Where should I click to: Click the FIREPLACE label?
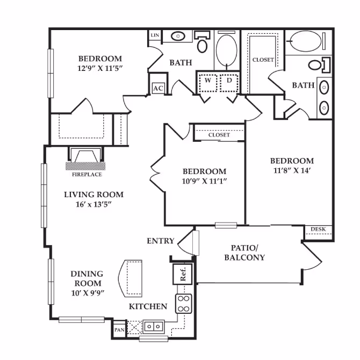[x=87, y=174]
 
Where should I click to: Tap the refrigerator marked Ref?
[x=183, y=275]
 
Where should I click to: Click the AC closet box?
[x=158, y=88]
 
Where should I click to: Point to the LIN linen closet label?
[x=155, y=35]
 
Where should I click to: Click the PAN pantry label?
[x=118, y=329]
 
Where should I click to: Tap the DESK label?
[x=319, y=230]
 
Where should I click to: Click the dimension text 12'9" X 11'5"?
[x=100, y=69]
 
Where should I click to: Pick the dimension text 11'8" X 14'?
[x=291, y=170]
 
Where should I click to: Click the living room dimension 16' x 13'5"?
[x=93, y=204]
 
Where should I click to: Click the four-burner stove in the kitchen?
[x=184, y=304]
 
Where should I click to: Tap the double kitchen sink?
[x=152, y=326]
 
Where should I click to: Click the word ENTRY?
[x=161, y=241]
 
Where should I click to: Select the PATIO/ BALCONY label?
[x=248, y=253]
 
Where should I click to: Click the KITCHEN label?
[x=148, y=307]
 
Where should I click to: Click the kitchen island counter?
[x=131, y=278]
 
